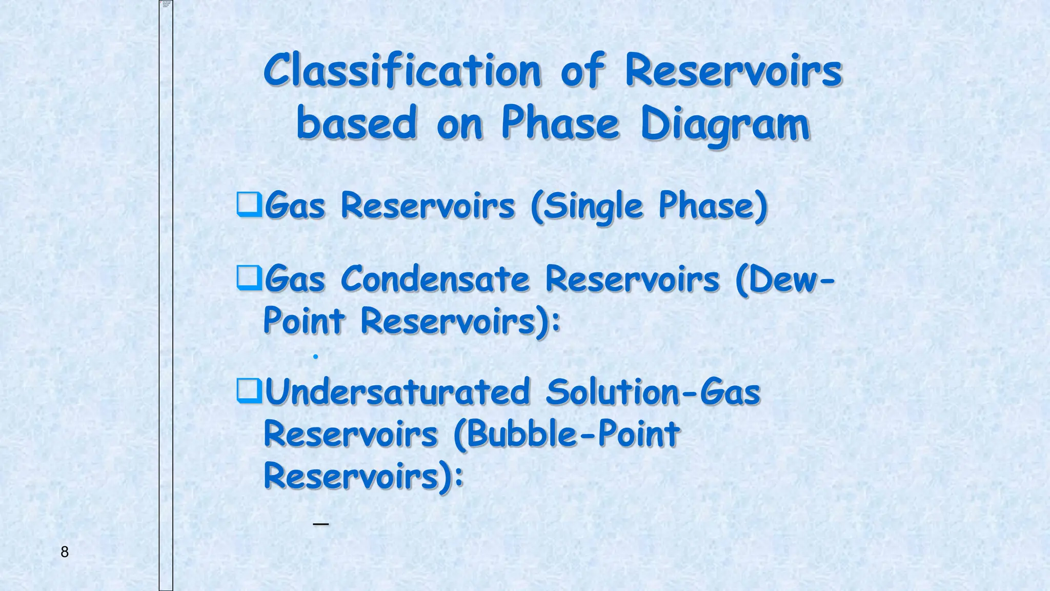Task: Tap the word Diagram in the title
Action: pos(725,124)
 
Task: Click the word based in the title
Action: pos(356,124)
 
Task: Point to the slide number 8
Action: pos(65,552)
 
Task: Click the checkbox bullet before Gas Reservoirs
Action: pos(249,205)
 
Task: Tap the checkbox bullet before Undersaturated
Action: pos(249,391)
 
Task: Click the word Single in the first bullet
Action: pos(588,206)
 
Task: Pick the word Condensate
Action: pos(435,280)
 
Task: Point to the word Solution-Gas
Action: pos(653,392)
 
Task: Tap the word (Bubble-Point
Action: pos(567,435)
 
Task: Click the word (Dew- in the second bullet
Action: pos(785,280)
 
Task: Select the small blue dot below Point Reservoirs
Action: pos(316,356)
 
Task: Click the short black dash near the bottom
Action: pos(320,524)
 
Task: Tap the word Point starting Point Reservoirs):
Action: pos(304,322)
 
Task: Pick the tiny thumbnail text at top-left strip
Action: pos(166,4)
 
